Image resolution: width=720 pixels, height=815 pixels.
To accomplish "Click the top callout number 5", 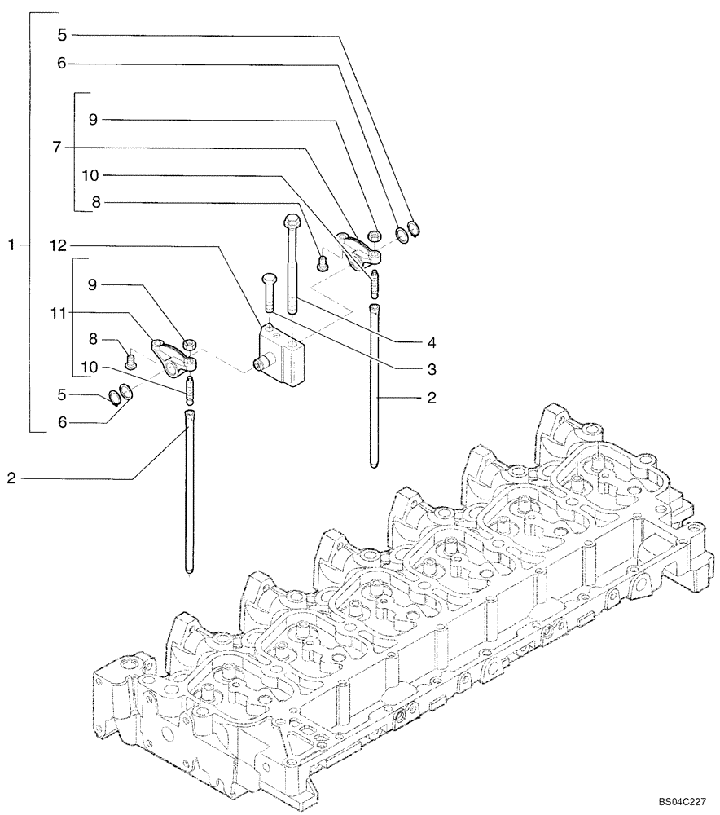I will [x=62, y=35].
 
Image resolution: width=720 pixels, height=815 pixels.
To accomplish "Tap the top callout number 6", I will [x=62, y=63].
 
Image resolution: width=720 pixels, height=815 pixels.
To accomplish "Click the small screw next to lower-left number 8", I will [x=130, y=355].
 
